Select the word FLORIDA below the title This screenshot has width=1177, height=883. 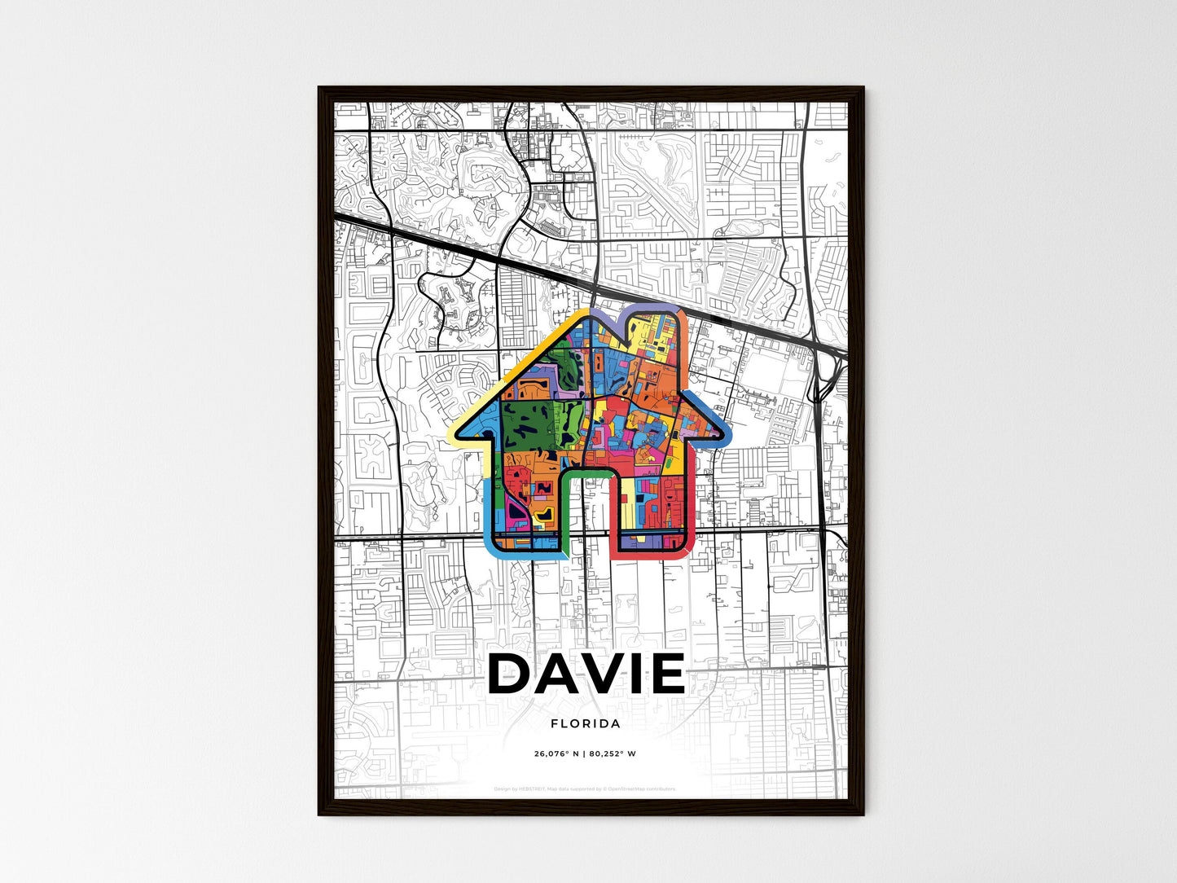coord(585,723)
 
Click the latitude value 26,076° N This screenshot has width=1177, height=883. coord(556,753)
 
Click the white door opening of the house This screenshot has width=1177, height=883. coord(587,513)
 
